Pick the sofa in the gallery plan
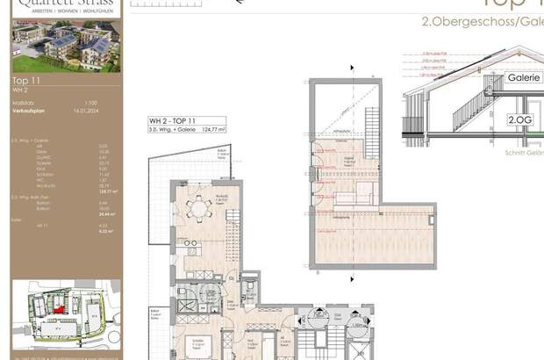coord(347,198)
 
